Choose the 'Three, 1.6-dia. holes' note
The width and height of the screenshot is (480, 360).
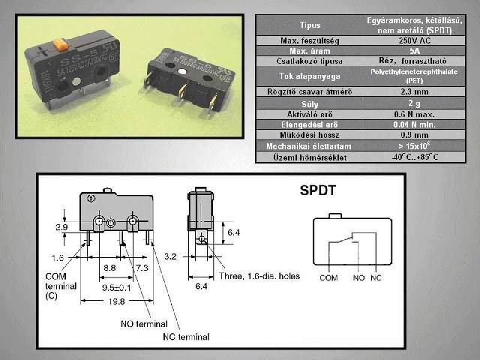point(261,276)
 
